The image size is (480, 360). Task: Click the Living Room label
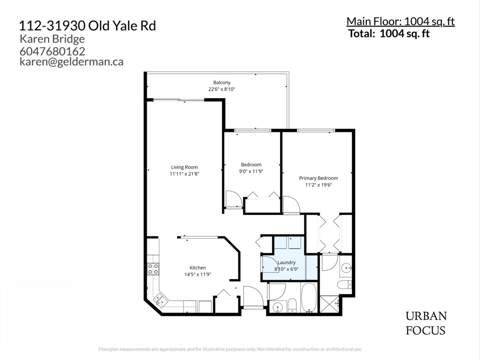point(184,167)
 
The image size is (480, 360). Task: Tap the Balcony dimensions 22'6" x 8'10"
point(222,89)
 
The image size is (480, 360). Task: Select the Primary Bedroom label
point(318,178)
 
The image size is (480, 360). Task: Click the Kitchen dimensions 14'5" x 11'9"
point(198,274)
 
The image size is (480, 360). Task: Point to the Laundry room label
point(286,262)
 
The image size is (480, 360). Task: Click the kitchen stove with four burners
point(153,269)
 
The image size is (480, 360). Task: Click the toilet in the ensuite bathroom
point(344,284)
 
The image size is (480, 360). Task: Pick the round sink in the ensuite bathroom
point(346,267)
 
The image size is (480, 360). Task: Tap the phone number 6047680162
point(52,51)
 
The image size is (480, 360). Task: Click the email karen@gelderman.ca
point(71,61)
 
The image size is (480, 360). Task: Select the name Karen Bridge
point(52,39)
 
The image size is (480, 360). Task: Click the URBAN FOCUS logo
point(426,323)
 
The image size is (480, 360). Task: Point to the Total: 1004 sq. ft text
point(389,33)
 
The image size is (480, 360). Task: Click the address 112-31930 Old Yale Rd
point(87,26)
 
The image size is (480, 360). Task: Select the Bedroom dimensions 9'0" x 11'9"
point(251,171)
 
